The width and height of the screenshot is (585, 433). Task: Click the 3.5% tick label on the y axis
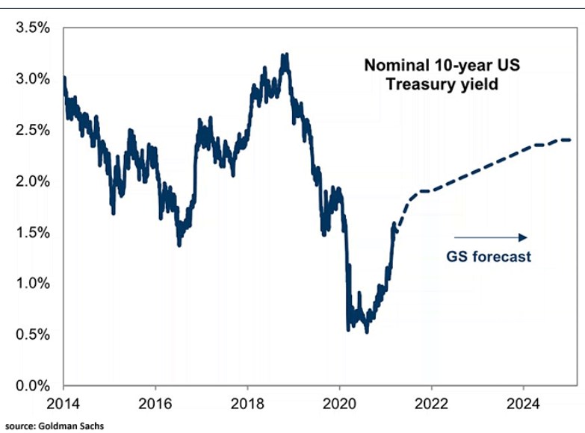pos(32,28)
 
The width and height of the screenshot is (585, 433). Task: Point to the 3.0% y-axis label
pos(32,79)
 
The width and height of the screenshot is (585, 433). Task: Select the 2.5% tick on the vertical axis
pos(32,131)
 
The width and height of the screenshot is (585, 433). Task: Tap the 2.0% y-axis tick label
pos(32,181)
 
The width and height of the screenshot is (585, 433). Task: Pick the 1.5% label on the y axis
pos(32,233)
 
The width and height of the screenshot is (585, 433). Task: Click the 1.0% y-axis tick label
pos(32,284)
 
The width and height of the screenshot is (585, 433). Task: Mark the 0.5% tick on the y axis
pos(32,335)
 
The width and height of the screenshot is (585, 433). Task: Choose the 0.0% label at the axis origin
pos(32,386)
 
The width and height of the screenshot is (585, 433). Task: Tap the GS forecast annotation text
pos(489,257)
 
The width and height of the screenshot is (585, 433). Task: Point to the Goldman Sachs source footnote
pos(52,426)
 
